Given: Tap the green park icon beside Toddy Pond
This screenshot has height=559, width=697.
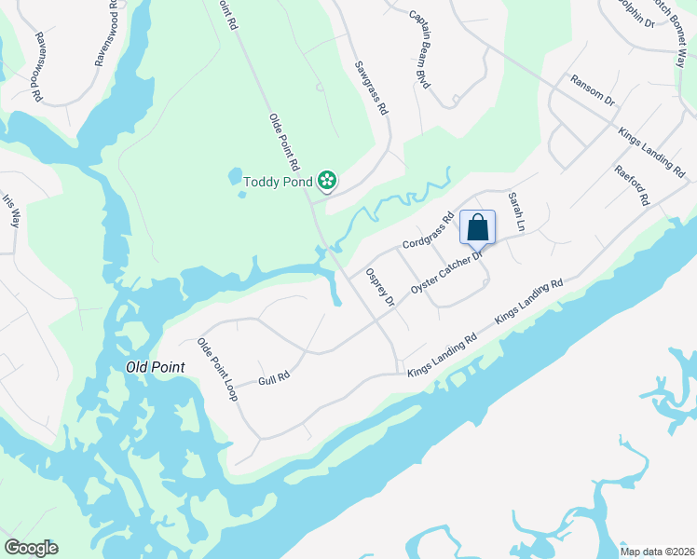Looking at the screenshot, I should pos(327,180).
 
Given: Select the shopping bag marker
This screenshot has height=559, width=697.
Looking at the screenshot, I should pos(477,228).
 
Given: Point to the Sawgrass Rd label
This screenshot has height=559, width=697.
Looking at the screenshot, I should pos(370,89).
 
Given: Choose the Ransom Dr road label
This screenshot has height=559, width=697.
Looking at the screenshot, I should pos(593,90).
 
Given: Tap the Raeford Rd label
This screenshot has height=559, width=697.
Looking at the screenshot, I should pos(631,186).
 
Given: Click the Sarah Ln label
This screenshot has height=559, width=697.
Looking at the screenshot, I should pos(516,212).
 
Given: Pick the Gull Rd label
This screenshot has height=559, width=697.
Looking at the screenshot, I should pos(274,378).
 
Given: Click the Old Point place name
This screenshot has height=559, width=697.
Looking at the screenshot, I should pos(156,368).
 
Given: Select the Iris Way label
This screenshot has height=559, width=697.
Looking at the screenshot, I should pos(11,211).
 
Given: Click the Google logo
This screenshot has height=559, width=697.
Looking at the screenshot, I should pos(31,548).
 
